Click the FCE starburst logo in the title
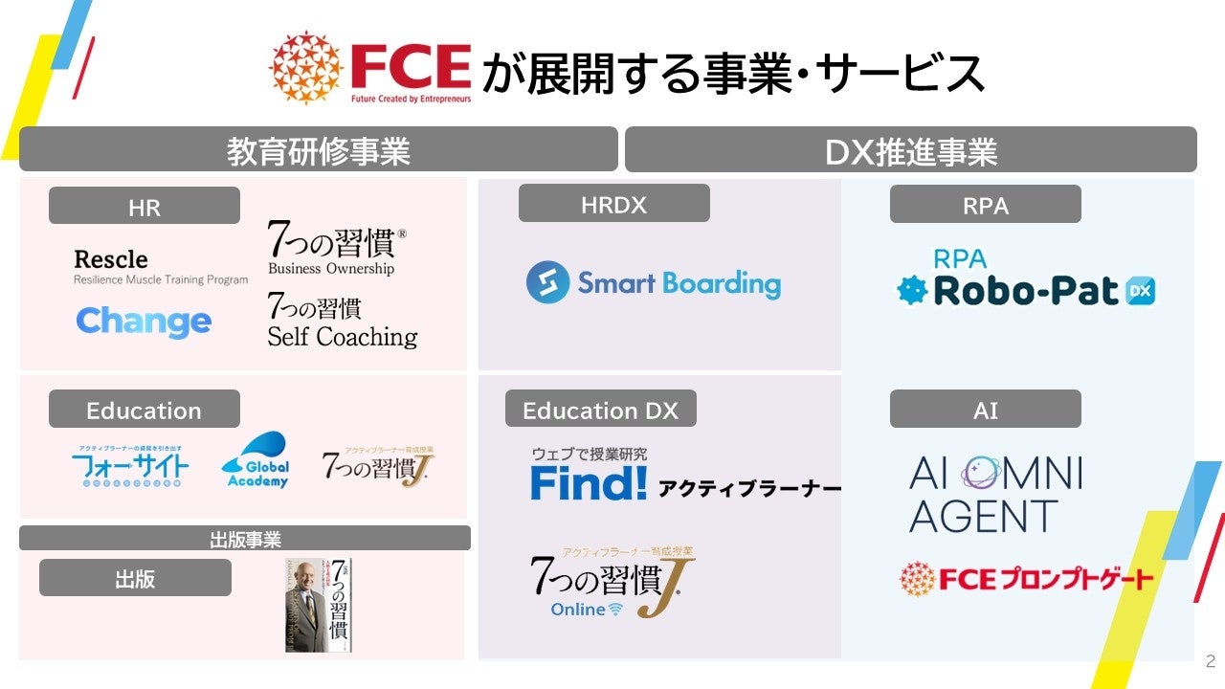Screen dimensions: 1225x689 click(306, 67)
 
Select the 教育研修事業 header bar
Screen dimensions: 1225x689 click(318, 150)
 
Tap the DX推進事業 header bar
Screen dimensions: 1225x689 click(910, 150)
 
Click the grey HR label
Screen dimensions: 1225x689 click(145, 206)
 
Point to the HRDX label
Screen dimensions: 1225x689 click(613, 204)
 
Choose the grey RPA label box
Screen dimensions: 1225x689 click(985, 205)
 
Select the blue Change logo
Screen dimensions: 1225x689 click(144, 322)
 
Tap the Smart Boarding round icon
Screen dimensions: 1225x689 click(547, 283)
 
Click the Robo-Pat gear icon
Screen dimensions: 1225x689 click(913, 291)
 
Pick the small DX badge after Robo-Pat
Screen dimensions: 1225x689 click(1141, 291)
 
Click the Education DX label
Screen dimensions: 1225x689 click(600, 410)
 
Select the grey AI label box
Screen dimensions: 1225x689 click(985, 410)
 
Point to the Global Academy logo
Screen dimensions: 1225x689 click(256, 461)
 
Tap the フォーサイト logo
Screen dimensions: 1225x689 click(130, 467)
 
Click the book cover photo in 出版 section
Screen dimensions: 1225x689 click(319, 605)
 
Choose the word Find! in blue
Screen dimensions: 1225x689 click(589, 484)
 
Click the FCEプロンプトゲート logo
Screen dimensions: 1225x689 click(1026, 578)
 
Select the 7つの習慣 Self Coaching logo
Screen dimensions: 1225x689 click(342, 322)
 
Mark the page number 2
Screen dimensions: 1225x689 click(1210, 661)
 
